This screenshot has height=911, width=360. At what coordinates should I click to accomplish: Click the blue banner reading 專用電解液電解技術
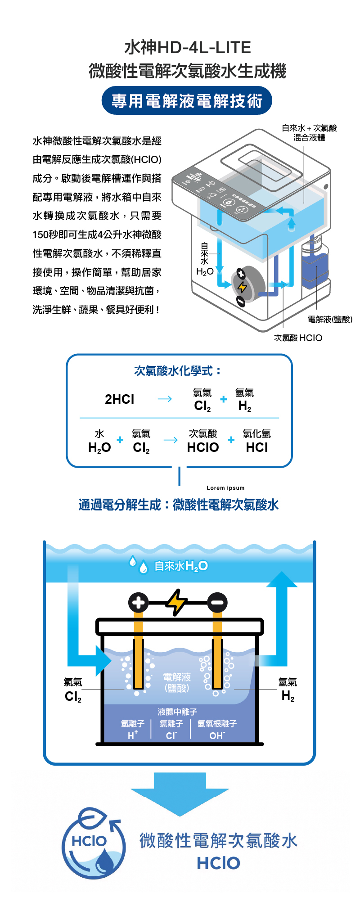pos(187,101)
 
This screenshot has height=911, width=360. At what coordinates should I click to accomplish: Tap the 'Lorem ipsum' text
pos(225,488)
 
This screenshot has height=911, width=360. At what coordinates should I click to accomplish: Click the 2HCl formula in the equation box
pos(119,399)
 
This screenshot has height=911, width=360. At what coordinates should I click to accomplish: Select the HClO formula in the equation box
pos(203,447)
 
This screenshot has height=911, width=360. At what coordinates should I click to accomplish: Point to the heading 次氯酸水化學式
pos(178,371)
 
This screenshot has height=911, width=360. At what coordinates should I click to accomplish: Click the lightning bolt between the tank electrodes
pos(177,602)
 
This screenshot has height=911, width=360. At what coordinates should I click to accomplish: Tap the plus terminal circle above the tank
pos(139,603)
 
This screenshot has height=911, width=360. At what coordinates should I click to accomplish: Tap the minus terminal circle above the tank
pos(217,603)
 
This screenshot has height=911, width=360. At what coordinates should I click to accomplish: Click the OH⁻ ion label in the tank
pos(216,735)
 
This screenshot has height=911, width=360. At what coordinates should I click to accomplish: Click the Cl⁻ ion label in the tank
pos(171,735)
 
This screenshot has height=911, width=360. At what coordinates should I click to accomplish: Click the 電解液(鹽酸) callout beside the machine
pos(330,319)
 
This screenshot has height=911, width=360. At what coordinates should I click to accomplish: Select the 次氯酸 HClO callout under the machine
pos(298,338)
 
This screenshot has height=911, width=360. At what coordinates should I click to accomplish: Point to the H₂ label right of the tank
pos(288,696)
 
